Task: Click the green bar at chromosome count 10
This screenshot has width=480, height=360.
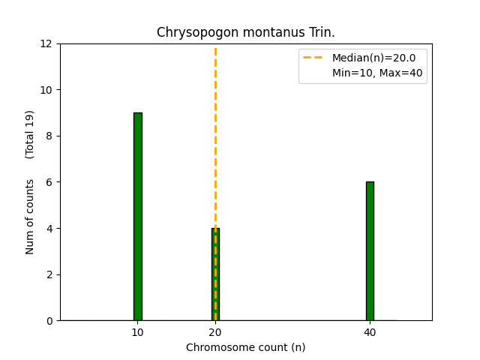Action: tap(138, 217)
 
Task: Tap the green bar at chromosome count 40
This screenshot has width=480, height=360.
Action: tap(370, 251)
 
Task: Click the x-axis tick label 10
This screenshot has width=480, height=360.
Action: tap(138, 331)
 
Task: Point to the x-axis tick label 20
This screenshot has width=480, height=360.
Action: tap(215, 331)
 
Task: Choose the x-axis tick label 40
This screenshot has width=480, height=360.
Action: tap(370, 331)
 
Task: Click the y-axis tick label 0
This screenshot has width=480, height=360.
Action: tap(50, 321)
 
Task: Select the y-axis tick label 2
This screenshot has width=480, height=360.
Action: tap(50, 274)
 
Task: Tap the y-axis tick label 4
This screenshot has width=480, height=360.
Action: tap(50, 229)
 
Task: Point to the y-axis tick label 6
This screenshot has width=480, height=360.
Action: tap(50, 182)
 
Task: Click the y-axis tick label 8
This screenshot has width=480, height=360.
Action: tap(50, 136)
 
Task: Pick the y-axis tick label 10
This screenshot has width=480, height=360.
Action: tap(47, 90)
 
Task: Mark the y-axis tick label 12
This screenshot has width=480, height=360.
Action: tap(47, 43)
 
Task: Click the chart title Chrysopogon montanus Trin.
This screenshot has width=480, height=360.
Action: tap(246, 33)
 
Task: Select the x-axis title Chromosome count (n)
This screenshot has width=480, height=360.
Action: tap(246, 347)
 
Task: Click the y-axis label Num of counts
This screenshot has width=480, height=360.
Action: tap(31, 217)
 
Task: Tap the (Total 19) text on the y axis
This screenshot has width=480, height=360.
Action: tap(31, 134)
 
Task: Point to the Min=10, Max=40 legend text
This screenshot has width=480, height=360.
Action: tap(377, 73)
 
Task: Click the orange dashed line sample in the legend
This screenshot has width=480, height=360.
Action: tap(313, 58)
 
